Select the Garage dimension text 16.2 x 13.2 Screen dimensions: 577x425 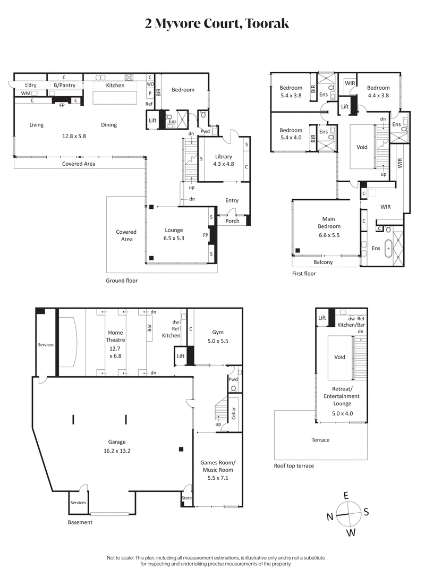[x=117, y=451]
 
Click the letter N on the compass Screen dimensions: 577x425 [x=329, y=516]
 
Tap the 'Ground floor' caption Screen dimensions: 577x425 [x=122, y=281]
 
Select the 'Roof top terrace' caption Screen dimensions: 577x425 [x=294, y=466]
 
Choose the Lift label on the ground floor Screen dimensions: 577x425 [x=152, y=121]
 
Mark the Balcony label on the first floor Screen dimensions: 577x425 [x=323, y=262]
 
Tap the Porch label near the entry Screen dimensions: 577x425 [x=232, y=221]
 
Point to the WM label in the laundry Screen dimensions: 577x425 [x=25, y=94]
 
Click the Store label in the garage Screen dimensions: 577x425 [x=186, y=498]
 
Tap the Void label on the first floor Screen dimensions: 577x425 [x=362, y=147]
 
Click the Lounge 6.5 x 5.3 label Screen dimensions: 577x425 [x=174, y=234]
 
